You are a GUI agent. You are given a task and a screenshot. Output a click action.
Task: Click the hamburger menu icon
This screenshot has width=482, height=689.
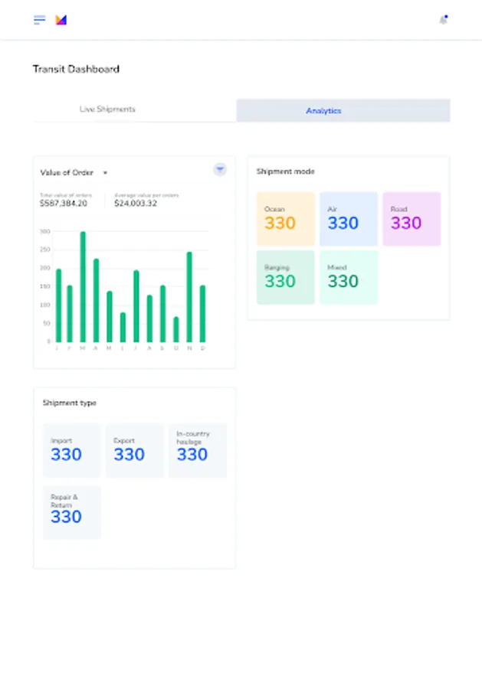pos(39,20)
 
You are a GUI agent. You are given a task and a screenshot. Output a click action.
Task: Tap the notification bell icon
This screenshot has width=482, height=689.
pos(443,20)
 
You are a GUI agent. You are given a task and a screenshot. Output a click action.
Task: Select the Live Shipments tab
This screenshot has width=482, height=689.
pos(107,109)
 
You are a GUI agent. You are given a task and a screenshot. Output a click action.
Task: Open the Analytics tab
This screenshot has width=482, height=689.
pos(323,111)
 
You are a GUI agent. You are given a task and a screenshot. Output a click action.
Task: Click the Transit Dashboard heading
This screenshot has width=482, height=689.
pos(76,69)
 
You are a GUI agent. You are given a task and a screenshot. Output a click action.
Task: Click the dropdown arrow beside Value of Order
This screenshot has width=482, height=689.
pos(105,173)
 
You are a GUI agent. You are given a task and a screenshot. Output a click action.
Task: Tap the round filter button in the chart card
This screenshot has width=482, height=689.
pos(220,170)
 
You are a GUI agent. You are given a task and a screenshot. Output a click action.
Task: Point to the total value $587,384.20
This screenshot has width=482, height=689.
pos(64,204)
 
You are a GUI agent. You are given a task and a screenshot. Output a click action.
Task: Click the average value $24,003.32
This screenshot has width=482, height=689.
pos(136,204)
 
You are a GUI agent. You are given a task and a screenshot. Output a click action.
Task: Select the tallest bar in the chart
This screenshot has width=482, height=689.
pos(83,287)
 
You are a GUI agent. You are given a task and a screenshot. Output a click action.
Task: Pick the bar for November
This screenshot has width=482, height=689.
pos(189,297)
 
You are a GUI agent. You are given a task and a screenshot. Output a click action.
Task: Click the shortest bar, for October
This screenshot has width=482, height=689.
pos(175,329)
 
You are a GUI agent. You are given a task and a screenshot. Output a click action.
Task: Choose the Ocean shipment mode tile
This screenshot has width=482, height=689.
pos(286,219)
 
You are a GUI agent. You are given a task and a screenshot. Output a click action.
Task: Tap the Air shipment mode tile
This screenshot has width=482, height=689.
pos(349,219)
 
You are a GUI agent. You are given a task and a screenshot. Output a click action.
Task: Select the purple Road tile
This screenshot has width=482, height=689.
pos(412,219)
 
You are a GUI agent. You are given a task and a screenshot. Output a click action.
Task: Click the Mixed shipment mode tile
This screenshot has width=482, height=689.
pos(349,277)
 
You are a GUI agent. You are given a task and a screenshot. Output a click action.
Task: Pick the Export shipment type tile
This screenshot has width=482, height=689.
pos(134,450)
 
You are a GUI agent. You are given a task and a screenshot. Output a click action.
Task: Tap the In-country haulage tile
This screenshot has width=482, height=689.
pos(197,450)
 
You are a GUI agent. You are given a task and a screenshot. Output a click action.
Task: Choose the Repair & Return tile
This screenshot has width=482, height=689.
pos(71,512)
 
